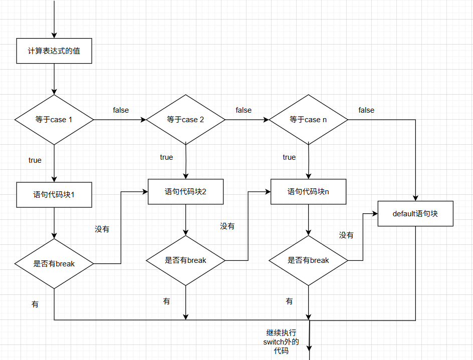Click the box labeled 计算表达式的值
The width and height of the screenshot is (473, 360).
[54, 51]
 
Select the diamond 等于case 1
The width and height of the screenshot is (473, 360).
[54, 120]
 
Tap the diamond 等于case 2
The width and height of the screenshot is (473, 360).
[185, 120]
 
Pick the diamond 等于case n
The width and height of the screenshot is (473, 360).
[308, 120]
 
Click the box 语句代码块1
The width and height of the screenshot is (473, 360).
[54, 195]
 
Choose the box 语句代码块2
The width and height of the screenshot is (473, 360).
[185, 191]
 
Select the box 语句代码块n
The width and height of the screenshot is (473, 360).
[308, 191]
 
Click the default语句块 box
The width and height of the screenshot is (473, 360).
[415, 214]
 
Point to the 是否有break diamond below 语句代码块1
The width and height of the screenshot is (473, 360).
[54, 263]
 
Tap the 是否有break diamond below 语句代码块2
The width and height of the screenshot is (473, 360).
[185, 260]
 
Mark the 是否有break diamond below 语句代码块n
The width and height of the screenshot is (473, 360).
[308, 260]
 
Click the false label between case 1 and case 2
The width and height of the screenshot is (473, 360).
[121, 110]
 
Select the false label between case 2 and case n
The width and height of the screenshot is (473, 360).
[244, 110]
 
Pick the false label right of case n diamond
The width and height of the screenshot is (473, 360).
[366, 110]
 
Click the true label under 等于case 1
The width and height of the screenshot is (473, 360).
[35, 160]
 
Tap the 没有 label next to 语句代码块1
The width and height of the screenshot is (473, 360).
[102, 229]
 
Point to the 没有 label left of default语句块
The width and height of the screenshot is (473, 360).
[346, 235]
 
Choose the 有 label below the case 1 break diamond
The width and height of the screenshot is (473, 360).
[35, 304]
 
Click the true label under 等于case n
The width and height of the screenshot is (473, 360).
[289, 157]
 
